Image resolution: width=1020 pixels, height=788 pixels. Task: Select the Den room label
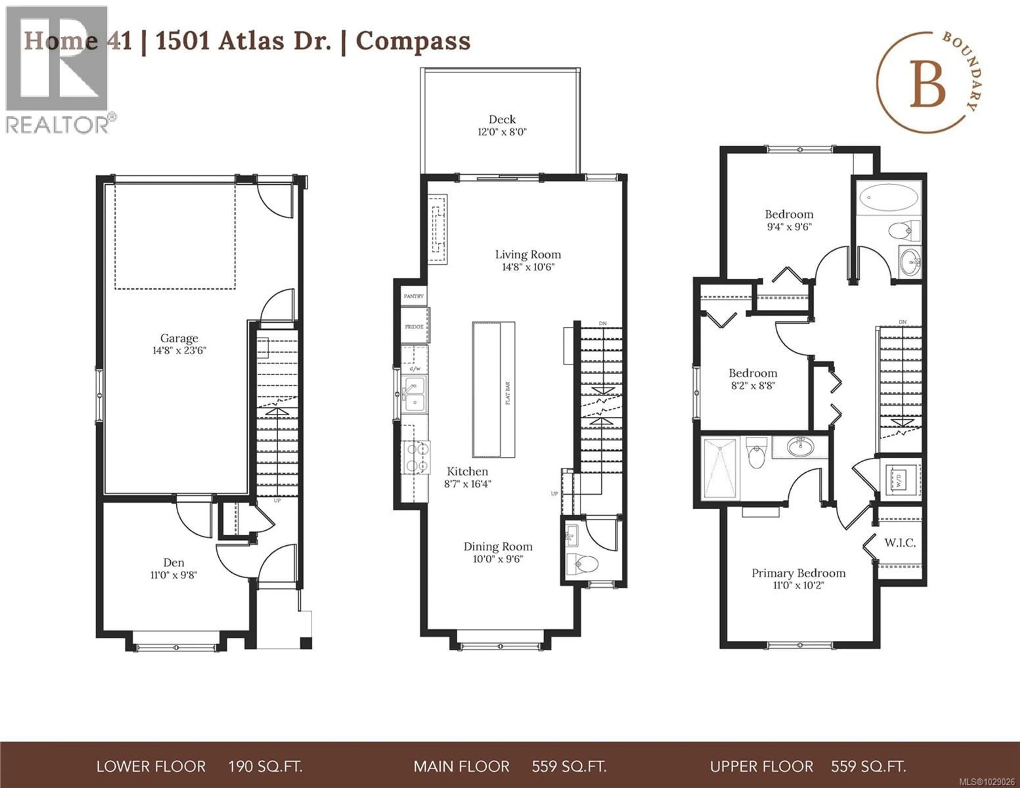[x=174, y=563]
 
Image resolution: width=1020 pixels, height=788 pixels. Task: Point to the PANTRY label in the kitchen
[x=414, y=296]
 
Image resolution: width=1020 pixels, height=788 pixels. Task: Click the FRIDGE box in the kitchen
[x=414, y=326]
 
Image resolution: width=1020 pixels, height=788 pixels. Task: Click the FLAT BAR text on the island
[x=508, y=393]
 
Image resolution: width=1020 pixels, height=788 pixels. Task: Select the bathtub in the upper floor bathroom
[x=888, y=198]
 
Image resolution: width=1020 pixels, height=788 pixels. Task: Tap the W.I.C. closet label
[x=899, y=543]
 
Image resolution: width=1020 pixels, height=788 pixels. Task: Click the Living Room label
[x=528, y=255]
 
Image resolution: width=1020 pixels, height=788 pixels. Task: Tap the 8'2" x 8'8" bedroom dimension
[x=753, y=386]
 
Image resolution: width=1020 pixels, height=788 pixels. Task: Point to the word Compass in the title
[x=413, y=41]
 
